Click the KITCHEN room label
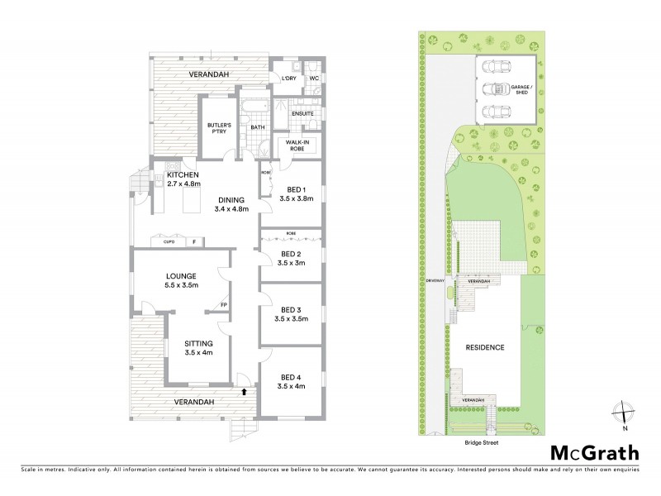(x=183, y=175)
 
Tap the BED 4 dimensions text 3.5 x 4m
(x=292, y=385)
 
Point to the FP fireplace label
(x=223, y=306)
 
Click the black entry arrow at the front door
(x=245, y=391)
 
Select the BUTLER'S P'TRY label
(x=221, y=130)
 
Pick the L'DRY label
(x=289, y=79)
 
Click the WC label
(x=314, y=79)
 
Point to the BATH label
(x=257, y=127)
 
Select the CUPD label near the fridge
(x=168, y=242)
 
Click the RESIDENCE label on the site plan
(x=486, y=347)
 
